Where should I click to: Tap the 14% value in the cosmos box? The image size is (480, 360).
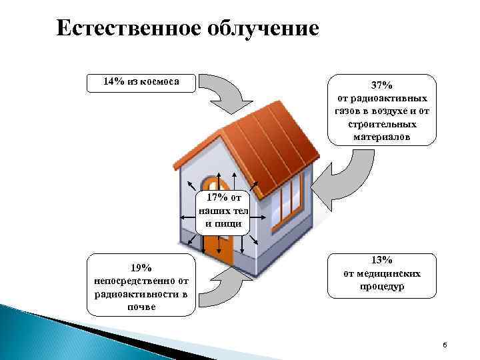click(x=114, y=81)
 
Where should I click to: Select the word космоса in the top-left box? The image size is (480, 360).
click(x=161, y=81)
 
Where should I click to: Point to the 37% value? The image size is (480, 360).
click(x=382, y=85)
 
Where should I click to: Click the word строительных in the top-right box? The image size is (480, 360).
click(x=382, y=124)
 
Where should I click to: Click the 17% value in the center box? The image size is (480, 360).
click(x=217, y=197)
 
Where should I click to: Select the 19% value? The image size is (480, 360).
click(x=141, y=268)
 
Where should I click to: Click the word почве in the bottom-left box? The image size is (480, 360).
click(x=141, y=307)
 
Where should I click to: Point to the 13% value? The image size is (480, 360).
click(x=382, y=260)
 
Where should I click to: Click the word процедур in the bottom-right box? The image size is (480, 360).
click(x=382, y=287)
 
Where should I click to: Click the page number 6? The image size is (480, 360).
click(x=445, y=344)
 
